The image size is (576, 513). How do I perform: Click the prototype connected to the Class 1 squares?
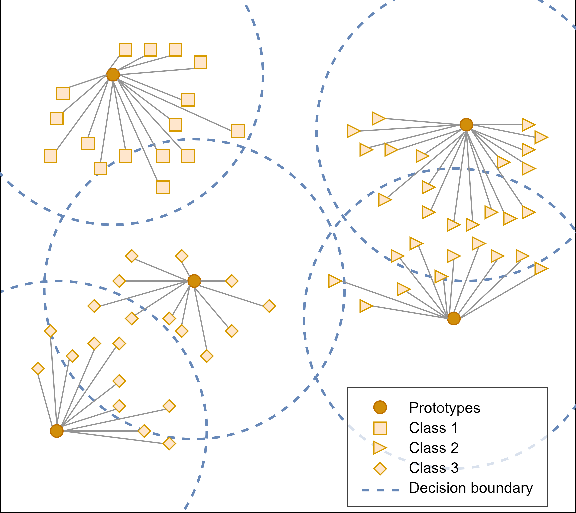coord(113,75)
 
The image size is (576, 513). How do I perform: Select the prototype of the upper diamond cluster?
coord(194,281)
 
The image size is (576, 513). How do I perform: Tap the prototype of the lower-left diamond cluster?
coord(56,431)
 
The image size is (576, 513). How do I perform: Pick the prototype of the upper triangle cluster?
coord(466,124)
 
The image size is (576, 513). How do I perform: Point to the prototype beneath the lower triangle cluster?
coord(454,318)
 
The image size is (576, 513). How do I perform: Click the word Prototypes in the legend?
coord(445,408)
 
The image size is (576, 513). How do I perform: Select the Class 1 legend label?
coord(433,428)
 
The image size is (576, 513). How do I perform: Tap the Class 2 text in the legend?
coord(434,448)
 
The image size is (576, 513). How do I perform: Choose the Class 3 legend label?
coord(434,468)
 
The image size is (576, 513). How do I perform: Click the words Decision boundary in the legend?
coord(471,488)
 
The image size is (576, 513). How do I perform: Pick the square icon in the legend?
coord(380,428)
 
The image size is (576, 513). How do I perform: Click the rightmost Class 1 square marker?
coord(238,131)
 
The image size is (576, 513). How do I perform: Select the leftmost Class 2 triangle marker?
coord(335,281)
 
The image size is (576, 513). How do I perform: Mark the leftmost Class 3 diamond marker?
coord(38,369)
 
